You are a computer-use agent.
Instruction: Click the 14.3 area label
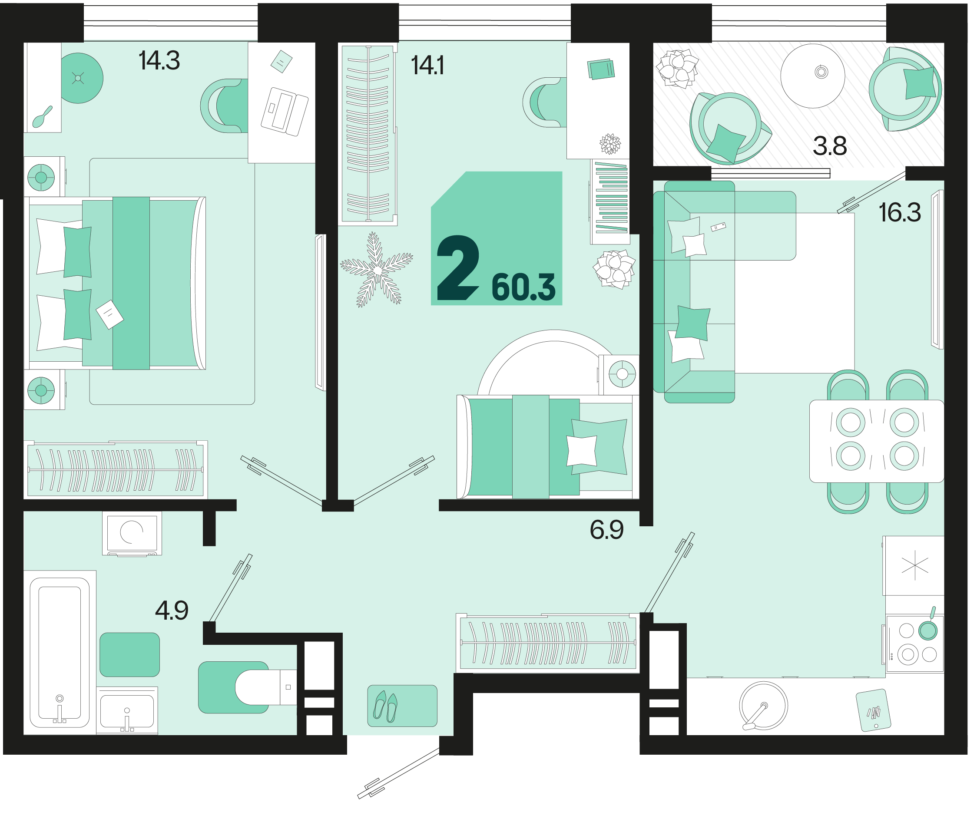[159, 61]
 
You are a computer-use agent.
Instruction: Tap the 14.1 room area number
[427, 65]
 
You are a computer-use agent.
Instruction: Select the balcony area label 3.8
[829, 146]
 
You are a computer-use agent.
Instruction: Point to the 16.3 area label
[899, 212]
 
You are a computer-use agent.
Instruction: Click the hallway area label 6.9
[606, 530]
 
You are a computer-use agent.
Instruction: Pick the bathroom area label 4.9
[172, 611]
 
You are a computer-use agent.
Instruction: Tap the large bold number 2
[458, 268]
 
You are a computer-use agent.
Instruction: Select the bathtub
[60, 652]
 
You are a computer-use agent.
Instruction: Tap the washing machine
[132, 534]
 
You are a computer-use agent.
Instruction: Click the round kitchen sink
[763, 706]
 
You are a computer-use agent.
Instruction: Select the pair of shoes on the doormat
[385, 706]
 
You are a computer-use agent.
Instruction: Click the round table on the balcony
[812, 76]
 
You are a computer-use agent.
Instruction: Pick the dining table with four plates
[876, 441]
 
